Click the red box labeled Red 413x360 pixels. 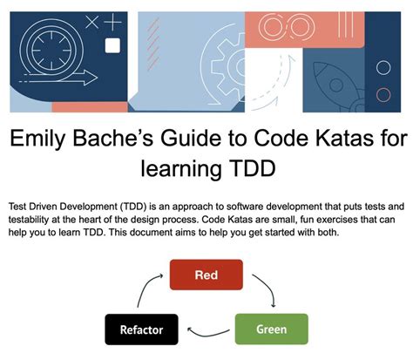pyautogui.click(x=206, y=275)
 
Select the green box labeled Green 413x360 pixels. pyautogui.click(x=272, y=329)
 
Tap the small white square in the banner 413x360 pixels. pyautogui.click(x=112, y=45)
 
